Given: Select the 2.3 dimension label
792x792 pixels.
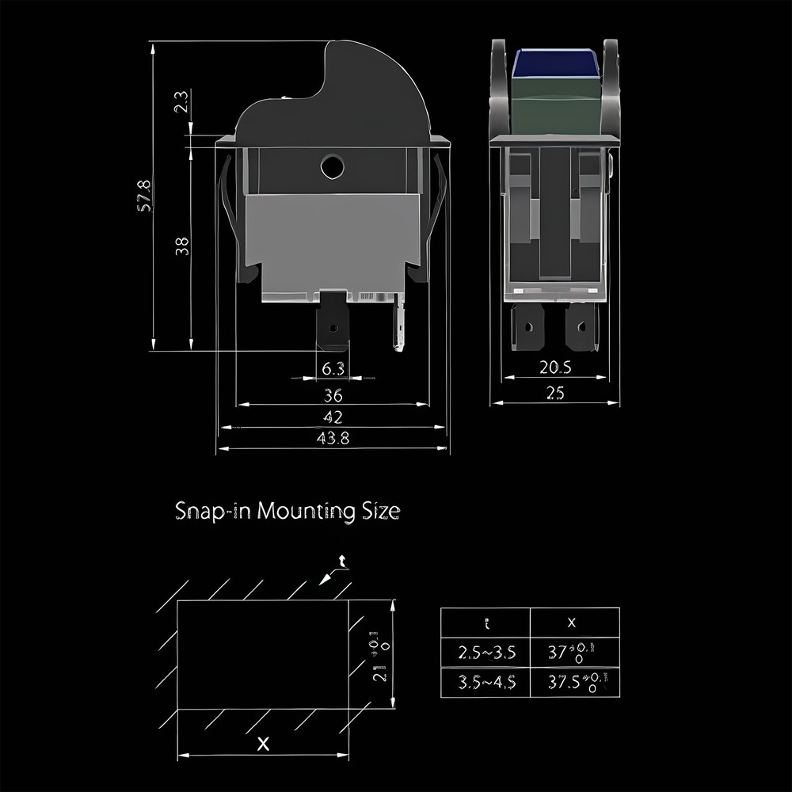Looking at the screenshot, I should tap(181, 103).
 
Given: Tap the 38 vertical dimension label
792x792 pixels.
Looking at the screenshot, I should tap(182, 246).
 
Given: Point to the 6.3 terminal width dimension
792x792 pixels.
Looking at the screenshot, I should tap(333, 368).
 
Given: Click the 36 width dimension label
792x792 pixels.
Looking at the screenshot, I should tap(333, 395).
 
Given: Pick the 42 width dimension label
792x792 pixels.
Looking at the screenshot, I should tap(333, 417).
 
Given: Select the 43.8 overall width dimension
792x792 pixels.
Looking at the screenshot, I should tap(333, 438).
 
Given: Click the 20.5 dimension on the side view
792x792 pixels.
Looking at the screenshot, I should tap(555, 367).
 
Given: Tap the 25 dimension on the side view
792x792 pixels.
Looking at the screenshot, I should tap(555, 390).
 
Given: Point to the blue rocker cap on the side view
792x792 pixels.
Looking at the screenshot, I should tap(555, 63).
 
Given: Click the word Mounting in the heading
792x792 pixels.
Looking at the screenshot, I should tap(305, 511).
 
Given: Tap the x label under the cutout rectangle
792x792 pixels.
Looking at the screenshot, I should tap(264, 744).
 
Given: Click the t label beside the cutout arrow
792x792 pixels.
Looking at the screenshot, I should tap(341, 562).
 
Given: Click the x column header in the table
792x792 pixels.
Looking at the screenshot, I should tap(573, 623).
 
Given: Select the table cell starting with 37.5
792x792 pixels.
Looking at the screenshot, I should tap(573, 683).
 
